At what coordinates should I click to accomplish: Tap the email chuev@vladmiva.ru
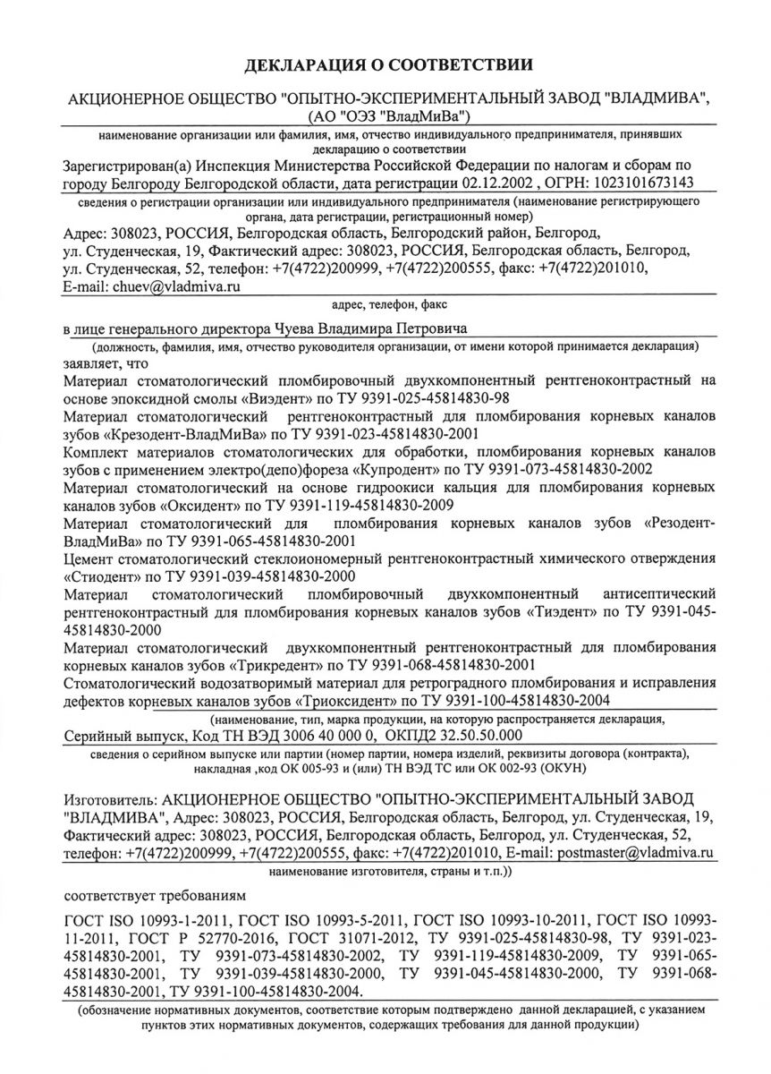click(176, 287)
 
